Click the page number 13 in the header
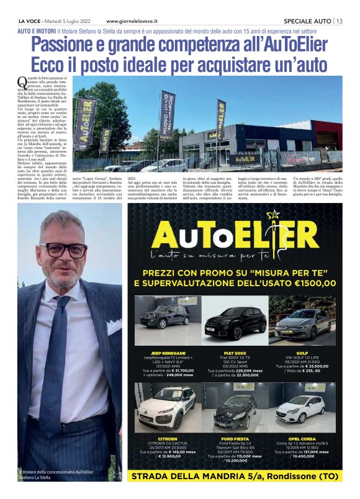point(339,21)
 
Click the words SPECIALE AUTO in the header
point(305,21)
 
